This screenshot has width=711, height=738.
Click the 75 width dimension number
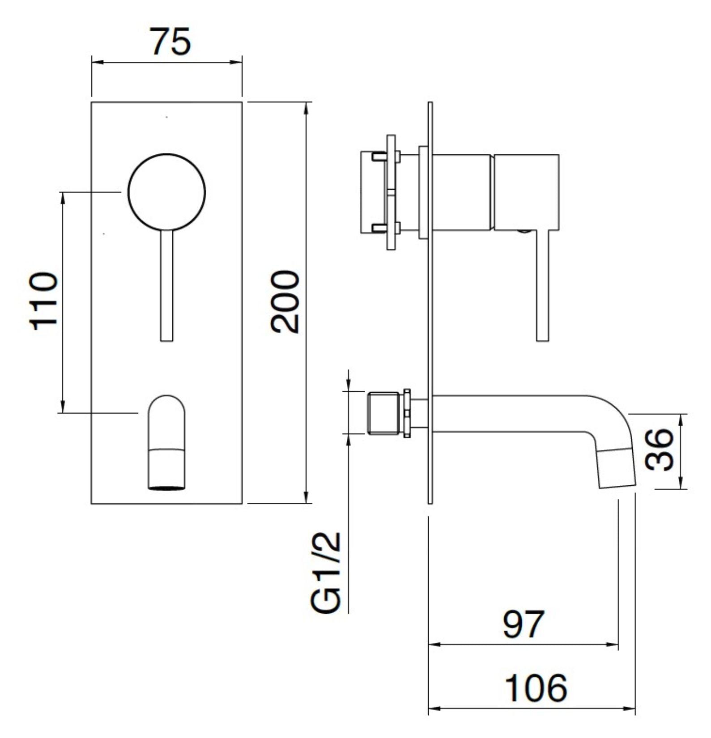(170, 42)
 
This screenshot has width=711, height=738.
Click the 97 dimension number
(523, 624)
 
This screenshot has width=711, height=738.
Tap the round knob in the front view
(166, 192)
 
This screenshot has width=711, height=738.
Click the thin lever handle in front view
(166, 286)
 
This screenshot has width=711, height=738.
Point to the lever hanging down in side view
(542, 286)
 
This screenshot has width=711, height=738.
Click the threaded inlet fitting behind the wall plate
(383, 413)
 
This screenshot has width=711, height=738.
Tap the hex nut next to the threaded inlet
(407, 413)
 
